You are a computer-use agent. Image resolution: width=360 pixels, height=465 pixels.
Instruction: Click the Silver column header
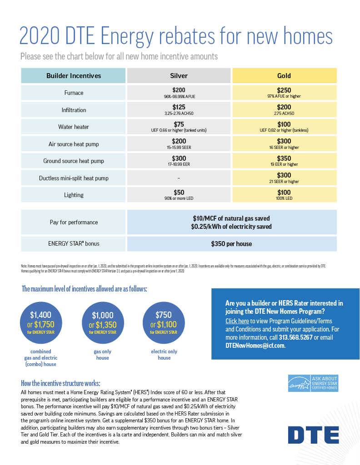(179, 76)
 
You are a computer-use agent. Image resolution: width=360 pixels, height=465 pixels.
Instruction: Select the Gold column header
(284, 76)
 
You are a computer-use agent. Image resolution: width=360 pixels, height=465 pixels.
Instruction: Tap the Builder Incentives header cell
(74, 76)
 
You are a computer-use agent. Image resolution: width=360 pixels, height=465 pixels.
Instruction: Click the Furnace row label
(74, 93)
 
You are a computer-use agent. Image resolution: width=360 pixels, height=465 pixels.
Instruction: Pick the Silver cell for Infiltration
(179, 109)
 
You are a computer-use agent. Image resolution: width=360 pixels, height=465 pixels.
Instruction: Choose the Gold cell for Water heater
(284, 127)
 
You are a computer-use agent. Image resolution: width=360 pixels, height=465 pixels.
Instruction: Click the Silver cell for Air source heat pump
(179, 143)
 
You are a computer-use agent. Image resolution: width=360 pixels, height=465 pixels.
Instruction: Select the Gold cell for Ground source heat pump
(284, 161)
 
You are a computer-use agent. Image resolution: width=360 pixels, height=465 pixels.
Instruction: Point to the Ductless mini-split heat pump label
(74, 178)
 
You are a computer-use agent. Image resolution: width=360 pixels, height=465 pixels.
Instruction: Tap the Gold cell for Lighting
(284, 195)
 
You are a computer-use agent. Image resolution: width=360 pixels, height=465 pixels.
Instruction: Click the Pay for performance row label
(74, 222)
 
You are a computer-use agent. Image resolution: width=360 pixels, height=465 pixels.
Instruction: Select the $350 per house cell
(231, 244)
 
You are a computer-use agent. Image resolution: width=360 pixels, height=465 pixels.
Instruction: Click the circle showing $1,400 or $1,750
(40, 322)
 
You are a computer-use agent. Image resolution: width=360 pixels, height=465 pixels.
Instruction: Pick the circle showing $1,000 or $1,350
(103, 322)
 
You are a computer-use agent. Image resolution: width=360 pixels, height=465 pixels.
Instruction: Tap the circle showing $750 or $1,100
(164, 322)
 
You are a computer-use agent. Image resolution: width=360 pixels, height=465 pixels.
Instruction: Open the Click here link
(237, 321)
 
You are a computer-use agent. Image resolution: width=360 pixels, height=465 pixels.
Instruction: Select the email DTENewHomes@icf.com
(255, 346)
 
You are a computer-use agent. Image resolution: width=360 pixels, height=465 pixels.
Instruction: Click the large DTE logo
(313, 435)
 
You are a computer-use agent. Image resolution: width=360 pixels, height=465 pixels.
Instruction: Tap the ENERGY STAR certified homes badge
(313, 383)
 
